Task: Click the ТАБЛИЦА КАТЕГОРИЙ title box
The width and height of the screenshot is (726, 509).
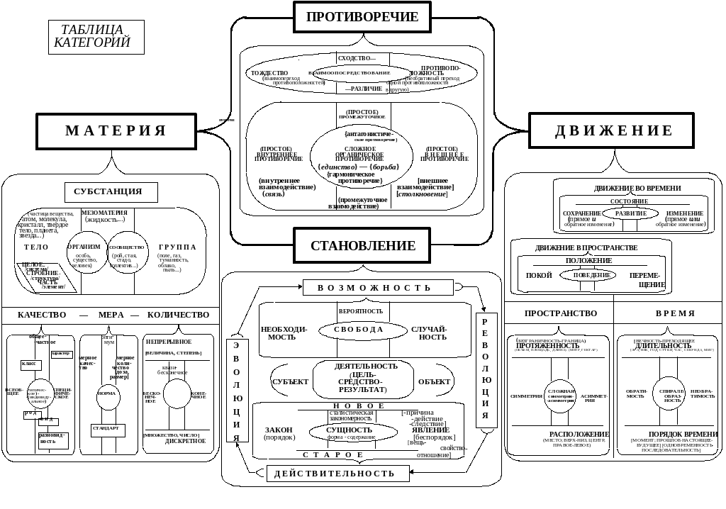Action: tap(96, 37)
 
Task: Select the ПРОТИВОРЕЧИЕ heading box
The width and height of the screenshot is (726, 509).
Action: tap(362, 17)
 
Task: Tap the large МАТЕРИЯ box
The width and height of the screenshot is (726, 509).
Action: tap(116, 131)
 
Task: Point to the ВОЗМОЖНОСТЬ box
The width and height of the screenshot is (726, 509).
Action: tap(378, 287)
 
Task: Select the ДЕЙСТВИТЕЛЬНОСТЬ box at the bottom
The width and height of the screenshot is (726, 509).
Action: tap(338, 473)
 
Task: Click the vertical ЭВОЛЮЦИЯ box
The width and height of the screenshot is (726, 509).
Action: tap(238, 390)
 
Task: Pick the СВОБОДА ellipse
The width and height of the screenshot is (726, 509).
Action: tap(361, 330)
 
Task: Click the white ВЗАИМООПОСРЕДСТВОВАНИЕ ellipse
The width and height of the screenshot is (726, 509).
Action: tap(362, 73)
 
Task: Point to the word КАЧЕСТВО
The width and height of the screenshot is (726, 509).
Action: tap(43, 314)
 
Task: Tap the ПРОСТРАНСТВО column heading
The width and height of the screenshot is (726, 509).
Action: tap(561, 313)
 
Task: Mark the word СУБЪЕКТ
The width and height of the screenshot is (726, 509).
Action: tap(290, 381)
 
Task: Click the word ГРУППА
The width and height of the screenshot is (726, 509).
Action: tap(177, 247)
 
